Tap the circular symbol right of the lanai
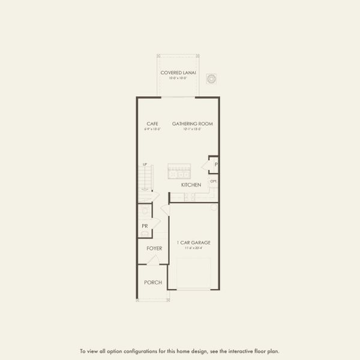[211, 79]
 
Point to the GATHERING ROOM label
[193, 124]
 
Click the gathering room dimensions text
[193, 129]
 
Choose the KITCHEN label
[191, 185]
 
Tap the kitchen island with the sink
[179, 170]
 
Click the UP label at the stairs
[145, 164]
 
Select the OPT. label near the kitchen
[213, 181]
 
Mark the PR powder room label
[145, 226]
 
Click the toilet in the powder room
[144, 211]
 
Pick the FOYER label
[154, 248]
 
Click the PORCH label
[152, 282]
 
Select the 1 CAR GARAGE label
[193, 242]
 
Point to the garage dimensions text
[193, 248]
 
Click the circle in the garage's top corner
[214, 208]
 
